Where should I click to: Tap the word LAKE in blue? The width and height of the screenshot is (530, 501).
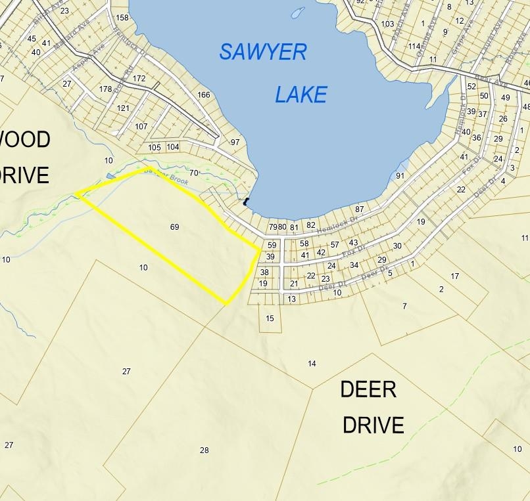[x=301, y=95]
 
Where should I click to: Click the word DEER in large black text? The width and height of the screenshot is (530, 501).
[x=368, y=390]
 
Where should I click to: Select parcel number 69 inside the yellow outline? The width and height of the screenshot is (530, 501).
[x=174, y=227]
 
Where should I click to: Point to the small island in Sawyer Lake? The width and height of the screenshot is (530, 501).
[x=298, y=13]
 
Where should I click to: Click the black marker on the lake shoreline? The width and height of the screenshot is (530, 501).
[x=247, y=202]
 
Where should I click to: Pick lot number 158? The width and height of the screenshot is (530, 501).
[x=122, y=18]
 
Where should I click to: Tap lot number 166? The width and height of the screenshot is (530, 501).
[x=204, y=95]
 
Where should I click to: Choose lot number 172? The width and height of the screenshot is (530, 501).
[x=139, y=79]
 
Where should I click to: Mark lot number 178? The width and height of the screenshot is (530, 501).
[x=105, y=89]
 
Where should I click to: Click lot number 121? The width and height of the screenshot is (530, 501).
[x=123, y=108]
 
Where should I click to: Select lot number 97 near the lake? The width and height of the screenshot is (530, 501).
[x=235, y=142]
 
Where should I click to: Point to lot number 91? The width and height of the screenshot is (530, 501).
[x=400, y=176]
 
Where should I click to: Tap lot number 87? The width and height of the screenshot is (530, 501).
[x=359, y=209]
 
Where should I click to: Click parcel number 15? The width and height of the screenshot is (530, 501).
[x=270, y=318]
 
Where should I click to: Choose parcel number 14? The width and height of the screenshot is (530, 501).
[x=312, y=364]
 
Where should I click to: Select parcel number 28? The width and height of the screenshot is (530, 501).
[x=204, y=450]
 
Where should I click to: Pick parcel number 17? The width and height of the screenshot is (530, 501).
[x=455, y=276]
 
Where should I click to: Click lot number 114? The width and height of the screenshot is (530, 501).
[x=414, y=46]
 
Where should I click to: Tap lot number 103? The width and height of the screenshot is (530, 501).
[x=387, y=24]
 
